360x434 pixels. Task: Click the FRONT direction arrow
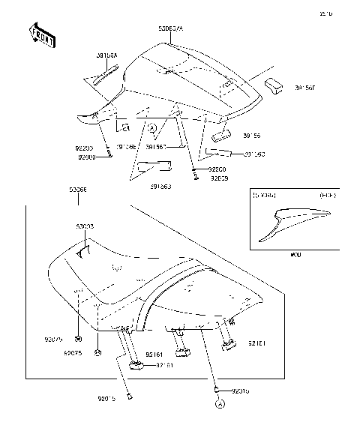point(39,34)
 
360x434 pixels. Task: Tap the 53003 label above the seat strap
point(85,226)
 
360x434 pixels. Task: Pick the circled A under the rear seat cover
point(152,128)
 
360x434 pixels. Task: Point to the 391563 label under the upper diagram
point(158,186)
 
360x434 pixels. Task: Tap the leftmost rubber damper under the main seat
point(136,364)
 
